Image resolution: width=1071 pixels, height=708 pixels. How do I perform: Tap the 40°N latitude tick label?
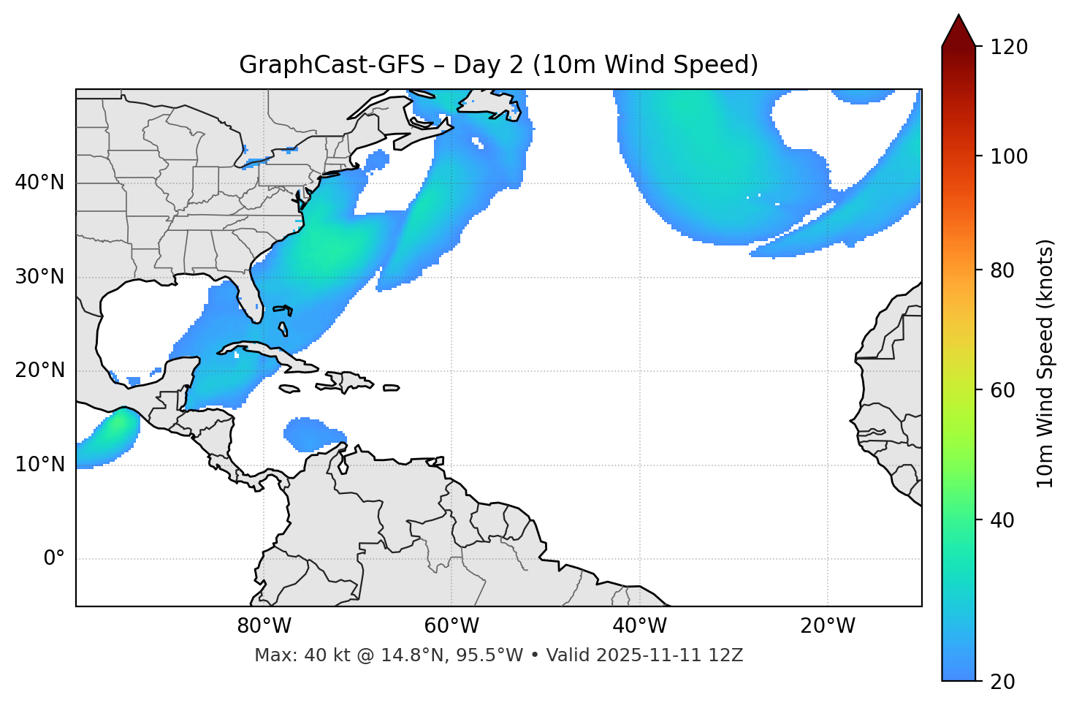[x=39, y=183]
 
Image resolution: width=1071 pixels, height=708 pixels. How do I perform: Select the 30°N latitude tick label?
[x=39, y=277]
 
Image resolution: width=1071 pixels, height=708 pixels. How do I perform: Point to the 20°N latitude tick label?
[x=39, y=370]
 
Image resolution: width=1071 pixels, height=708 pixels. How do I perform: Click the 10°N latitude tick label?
[x=39, y=465]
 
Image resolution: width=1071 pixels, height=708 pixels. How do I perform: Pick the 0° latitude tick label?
[x=53, y=559]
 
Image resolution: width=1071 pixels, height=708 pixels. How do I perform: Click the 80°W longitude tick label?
[x=264, y=626]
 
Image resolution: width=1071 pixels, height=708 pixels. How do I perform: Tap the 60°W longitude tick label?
[x=451, y=626]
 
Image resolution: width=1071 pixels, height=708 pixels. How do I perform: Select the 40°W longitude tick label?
[x=639, y=626]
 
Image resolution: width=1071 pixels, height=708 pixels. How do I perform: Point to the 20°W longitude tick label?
[x=827, y=626]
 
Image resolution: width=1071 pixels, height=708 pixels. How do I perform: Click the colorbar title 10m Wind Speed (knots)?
[x=1045, y=363]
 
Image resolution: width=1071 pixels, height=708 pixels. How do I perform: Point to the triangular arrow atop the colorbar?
[x=958, y=31]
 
